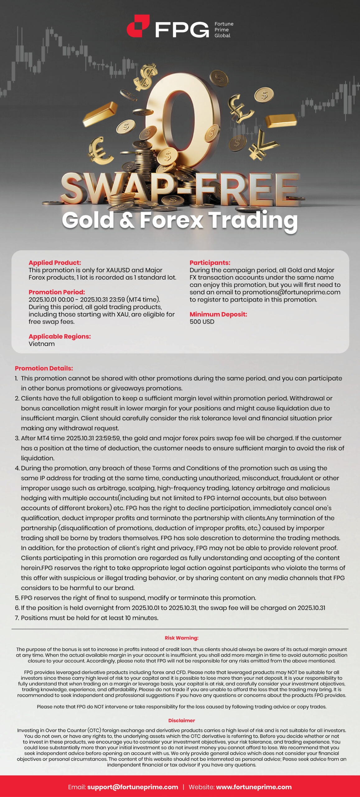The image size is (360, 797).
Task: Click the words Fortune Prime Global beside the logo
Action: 224,30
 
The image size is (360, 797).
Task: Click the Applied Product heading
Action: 55,263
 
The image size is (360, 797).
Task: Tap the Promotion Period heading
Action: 57,292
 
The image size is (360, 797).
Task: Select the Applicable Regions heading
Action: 60,337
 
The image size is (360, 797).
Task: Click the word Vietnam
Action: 42,344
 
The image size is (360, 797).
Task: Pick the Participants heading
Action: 210,263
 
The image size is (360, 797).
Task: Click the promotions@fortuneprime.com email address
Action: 291,292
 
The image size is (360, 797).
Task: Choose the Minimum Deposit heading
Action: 218,314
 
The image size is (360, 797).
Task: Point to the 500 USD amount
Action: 202,322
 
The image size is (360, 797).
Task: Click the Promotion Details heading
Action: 44,368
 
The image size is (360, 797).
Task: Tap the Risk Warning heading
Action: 181,638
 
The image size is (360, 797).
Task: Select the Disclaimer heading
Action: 181,720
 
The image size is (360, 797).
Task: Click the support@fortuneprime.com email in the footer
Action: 133,787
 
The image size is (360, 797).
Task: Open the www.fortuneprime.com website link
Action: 254,787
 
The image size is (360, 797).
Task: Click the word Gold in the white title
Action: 88,220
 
